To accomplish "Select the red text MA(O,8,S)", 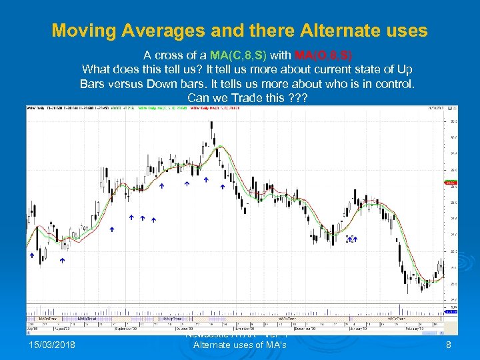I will (x=324, y=55).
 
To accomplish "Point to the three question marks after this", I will (x=295, y=98).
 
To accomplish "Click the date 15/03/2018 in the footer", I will (x=53, y=344).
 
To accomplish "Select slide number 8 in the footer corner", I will (x=449, y=344).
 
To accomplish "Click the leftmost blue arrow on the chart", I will (x=31, y=256).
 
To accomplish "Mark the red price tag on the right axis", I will (x=451, y=181).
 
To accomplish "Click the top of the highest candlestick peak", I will (x=211, y=122).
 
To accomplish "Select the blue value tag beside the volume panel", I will (x=451, y=311).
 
